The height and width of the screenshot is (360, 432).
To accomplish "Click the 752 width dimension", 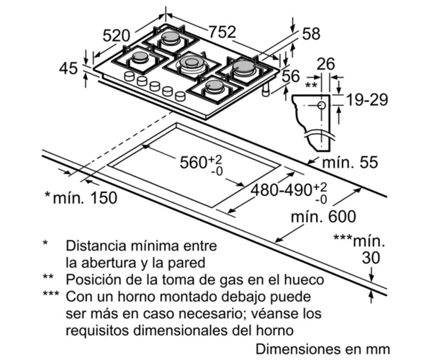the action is click(x=222, y=32).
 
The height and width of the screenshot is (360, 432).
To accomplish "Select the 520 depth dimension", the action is click(x=116, y=35).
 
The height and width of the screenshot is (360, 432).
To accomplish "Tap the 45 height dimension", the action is click(x=68, y=68).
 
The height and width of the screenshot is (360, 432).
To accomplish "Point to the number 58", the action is click(x=311, y=34).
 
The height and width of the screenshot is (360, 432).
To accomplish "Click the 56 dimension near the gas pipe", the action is click(x=291, y=76).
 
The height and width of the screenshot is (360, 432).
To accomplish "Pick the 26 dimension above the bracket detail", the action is click(x=326, y=64).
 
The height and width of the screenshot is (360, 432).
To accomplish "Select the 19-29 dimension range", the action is click(x=367, y=99).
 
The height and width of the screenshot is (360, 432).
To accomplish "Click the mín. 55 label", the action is click(x=350, y=162).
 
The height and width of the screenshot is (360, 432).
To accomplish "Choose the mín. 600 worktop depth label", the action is click(x=323, y=217).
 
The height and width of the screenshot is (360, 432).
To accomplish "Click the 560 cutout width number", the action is click(x=193, y=162).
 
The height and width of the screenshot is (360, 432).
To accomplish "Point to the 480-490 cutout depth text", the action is click(x=281, y=190).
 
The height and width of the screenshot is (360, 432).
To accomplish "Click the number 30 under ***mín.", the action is click(x=371, y=258).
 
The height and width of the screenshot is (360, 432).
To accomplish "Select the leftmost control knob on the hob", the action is click(x=129, y=76).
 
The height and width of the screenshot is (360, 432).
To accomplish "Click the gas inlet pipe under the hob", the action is click(x=266, y=90).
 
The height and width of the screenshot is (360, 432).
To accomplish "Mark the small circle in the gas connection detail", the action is click(x=322, y=106).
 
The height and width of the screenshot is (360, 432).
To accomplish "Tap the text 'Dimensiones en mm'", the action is click(x=323, y=349).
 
